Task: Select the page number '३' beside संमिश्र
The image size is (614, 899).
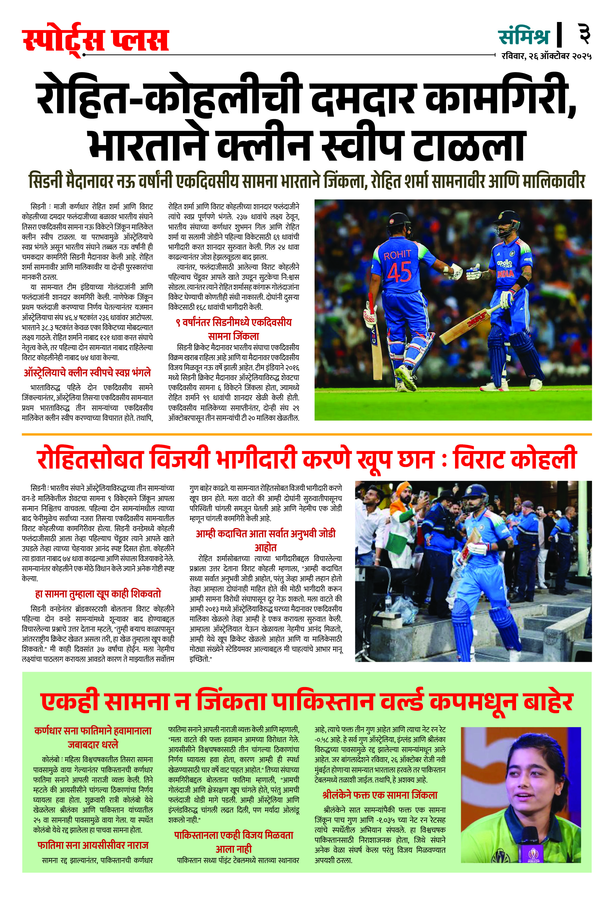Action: point(583,34)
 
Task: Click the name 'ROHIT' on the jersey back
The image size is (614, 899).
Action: point(397,254)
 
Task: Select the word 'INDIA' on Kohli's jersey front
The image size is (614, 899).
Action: point(505,274)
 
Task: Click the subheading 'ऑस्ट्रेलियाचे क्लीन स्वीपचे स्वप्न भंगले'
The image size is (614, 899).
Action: point(87,373)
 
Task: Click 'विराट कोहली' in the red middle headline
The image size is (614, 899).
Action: point(515,458)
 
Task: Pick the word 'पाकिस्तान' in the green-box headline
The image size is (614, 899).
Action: point(323,702)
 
